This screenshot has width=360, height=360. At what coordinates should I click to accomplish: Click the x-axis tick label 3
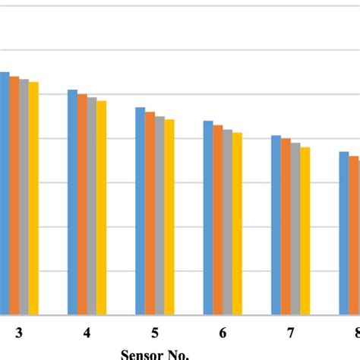[x=18, y=333]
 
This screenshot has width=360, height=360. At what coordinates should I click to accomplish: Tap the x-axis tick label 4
[x=87, y=333]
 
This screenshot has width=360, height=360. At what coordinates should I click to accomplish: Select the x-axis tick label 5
[x=155, y=333]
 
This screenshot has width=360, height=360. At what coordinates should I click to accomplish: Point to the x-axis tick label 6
[x=223, y=333]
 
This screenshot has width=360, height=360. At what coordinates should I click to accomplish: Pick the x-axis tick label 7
[x=291, y=333]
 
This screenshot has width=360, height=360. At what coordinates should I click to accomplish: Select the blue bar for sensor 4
[x=72, y=202]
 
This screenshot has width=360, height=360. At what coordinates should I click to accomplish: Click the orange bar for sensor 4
[x=82, y=204]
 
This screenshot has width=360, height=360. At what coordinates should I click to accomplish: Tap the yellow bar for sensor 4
[x=102, y=207]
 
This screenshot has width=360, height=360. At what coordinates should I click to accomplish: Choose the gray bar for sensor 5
[x=159, y=215]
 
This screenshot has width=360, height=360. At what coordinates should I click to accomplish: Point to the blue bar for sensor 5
[x=141, y=210]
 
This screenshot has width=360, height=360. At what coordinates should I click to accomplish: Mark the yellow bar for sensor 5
[x=169, y=216]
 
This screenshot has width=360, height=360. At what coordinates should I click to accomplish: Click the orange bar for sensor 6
[x=218, y=219]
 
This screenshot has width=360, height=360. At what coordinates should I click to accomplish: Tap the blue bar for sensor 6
[x=208, y=217]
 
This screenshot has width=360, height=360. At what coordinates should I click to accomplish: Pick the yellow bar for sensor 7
[x=305, y=231]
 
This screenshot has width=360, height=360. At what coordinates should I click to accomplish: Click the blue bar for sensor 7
[x=276, y=225]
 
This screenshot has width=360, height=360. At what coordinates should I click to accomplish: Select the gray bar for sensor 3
[x=24, y=197]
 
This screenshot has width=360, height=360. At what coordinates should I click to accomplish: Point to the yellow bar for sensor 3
[x=33, y=198]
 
